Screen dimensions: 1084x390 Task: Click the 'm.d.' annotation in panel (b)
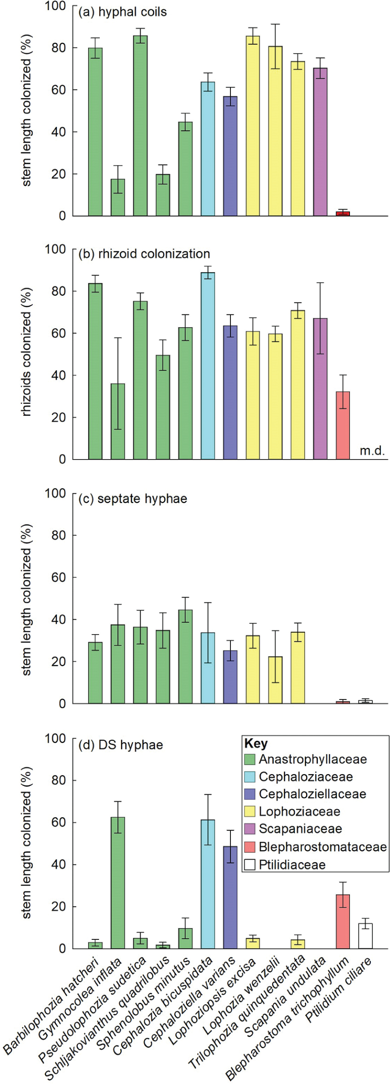pyautogui.click(x=372, y=451)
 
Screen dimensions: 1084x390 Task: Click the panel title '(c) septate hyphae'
pyautogui.click(x=133, y=499)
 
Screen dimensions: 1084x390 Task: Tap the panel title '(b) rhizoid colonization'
pyautogui.click(x=144, y=254)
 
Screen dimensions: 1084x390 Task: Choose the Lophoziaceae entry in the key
pyautogui.click(x=299, y=811)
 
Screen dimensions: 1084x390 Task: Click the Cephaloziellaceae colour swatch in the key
pyautogui.click(x=250, y=794)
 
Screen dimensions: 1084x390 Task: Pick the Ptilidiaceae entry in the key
pyautogui.click(x=292, y=864)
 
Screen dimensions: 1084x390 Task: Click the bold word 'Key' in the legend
pyautogui.click(x=256, y=744)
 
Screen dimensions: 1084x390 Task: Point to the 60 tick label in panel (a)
pyautogui.click(x=58, y=90)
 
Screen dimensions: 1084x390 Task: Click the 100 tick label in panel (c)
pyautogui.click(x=55, y=493)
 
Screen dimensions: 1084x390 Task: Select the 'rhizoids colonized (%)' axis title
pyautogui.click(x=27, y=352)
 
